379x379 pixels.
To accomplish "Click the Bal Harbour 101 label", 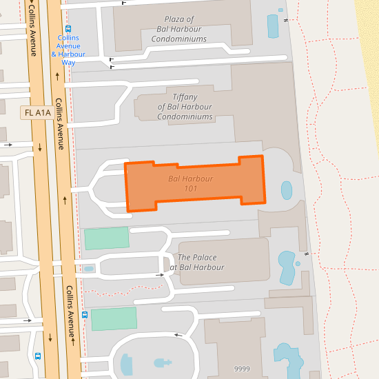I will point(190,183).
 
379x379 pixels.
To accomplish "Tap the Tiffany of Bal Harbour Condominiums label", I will point(185,107).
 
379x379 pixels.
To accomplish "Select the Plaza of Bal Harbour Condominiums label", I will point(179,29).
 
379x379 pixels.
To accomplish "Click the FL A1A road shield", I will point(38,112).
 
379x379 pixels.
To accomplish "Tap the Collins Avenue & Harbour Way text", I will point(68,50).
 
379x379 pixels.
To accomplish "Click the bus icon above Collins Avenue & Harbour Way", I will point(68,29).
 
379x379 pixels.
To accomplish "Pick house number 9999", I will point(242,369).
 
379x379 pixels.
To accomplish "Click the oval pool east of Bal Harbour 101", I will point(286,189).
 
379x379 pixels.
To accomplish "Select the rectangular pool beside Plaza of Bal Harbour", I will point(272,27).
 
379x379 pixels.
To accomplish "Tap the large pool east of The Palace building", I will point(286,267).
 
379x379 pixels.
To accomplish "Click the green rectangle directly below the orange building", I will point(107,238).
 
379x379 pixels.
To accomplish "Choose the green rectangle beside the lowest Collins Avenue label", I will point(114,319).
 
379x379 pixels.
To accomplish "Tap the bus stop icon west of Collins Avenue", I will point(38,356).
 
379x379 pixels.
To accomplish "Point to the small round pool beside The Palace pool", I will point(298,263).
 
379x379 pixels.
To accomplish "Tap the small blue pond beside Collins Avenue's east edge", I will point(88,269).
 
